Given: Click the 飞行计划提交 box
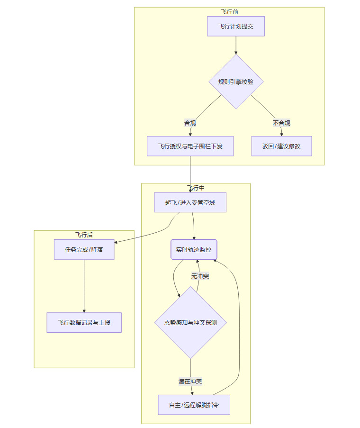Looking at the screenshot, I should pos(235,27).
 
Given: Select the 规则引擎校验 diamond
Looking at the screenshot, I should pos(236,82).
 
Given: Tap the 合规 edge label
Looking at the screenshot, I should pos(190,123).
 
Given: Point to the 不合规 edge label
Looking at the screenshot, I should pos(281,123).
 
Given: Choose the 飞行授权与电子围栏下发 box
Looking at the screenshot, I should pos(190,146).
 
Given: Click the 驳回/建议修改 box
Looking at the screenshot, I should pos(281,146).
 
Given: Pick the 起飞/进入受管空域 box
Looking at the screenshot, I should pos(190,202).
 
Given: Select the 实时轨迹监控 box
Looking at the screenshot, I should pos(194,249).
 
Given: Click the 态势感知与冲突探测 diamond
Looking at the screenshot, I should pos(190,322).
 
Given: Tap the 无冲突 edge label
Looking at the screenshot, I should pos(200,275).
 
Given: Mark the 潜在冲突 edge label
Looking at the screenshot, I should pos(190,381).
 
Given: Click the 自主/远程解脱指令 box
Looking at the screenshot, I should pos(194,405).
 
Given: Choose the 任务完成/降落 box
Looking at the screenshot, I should pos(84,249).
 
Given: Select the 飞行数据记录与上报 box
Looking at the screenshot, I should pos(84,322).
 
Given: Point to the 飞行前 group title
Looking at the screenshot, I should pos(229,11).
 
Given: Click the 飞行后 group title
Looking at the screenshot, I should pos(84,235).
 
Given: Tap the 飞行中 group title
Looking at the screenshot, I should pos(196,188).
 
